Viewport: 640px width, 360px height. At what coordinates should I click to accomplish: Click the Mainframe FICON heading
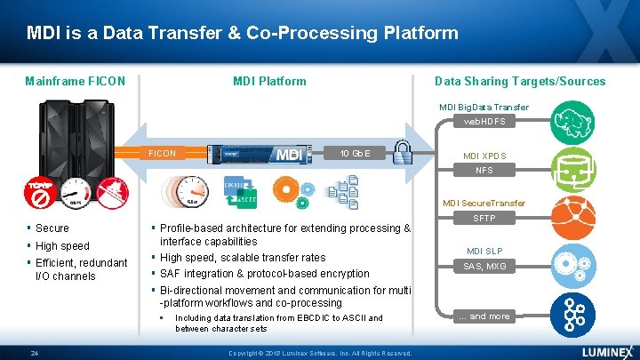75,81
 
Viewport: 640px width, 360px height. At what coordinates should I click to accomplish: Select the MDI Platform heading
269,81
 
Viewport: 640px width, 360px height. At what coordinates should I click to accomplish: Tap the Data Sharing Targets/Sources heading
520,81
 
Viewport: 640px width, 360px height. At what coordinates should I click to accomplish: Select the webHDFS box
484,122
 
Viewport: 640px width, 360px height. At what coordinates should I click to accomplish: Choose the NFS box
484,170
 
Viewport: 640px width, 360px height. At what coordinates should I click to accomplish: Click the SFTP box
484,218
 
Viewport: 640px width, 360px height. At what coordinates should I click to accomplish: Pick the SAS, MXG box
484,266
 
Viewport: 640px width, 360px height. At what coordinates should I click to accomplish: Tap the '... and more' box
484,316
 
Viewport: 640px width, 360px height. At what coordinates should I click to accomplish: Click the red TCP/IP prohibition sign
41,192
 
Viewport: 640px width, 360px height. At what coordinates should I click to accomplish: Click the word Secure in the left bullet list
52,228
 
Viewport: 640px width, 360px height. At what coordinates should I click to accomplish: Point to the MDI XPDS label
484,156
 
